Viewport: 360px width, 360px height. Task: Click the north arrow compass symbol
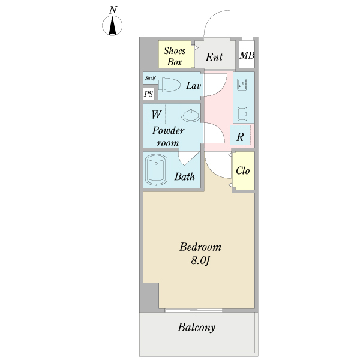(112, 26)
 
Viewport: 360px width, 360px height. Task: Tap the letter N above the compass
(113, 10)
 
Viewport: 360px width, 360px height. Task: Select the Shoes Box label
(175, 56)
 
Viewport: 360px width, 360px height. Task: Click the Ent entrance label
(214, 58)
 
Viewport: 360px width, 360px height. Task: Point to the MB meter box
(247, 56)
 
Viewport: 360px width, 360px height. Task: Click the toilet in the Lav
(169, 85)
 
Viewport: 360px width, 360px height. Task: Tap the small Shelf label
(149, 78)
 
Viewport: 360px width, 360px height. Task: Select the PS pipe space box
(148, 94)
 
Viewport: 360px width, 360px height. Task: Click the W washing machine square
(155, 114)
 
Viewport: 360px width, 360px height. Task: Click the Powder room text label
(168, 136)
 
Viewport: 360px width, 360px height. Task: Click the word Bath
(184, 177)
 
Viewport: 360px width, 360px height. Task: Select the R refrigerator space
(240, 136)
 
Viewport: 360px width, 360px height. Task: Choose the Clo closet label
(242, 170)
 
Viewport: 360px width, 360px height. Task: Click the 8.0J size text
(201, 260)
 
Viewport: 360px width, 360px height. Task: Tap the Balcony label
(196, 328)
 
